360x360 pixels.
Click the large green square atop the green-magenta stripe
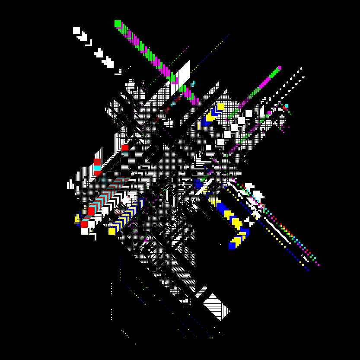coord(118,24)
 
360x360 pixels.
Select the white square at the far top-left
coord(76,31)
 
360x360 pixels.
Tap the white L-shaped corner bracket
coord(89,43)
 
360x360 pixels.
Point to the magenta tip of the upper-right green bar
coord(279,68)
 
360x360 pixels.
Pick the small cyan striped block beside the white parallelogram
coord(193,83)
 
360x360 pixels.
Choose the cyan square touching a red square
coord(286,106)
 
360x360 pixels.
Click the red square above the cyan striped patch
coord(125,147)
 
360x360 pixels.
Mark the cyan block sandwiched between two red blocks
coord(97,168)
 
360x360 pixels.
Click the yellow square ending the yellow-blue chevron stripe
coord(112,231)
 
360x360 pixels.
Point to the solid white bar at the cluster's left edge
coord(69,185)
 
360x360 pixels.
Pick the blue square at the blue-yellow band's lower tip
coord(232,245)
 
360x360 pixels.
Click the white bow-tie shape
coord(250,221)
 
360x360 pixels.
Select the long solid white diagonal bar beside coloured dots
coord(277,229)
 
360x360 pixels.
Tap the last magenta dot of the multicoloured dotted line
coord(319,264)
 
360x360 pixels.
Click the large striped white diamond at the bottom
coord(217,306)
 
